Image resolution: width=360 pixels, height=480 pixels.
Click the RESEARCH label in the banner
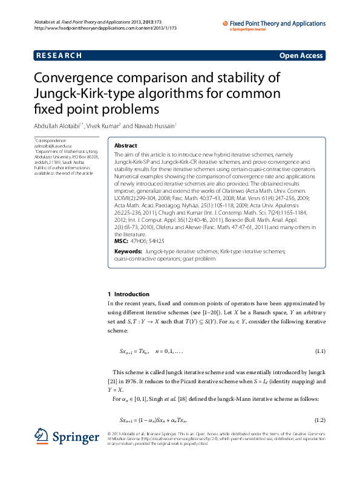click(x=59, y=56)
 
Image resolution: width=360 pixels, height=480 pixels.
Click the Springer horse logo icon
click(x=42, y=437)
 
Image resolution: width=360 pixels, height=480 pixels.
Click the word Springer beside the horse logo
click(x=75, y=437)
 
